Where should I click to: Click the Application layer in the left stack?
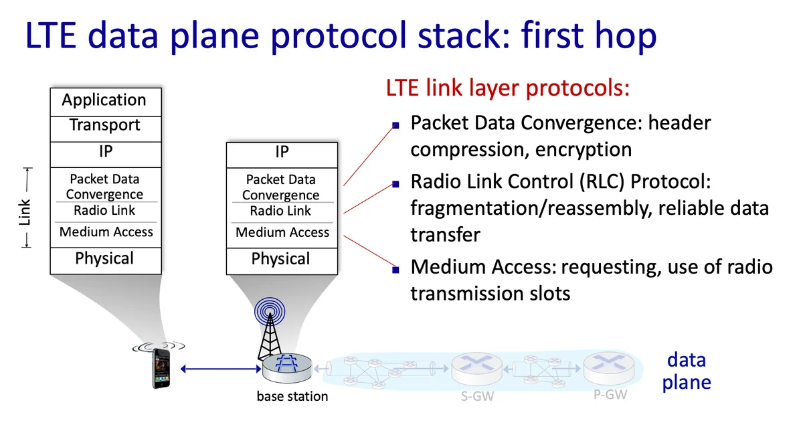[x=104, y=100]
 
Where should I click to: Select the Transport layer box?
[x=104, y=125]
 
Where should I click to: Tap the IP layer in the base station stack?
[x=282, y=153]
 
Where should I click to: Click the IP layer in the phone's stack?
[x=105, y=152]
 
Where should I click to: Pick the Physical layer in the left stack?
[x=104, y=259]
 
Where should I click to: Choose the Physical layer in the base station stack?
[x=281, y=260]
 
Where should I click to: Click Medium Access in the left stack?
[x=106, y=232]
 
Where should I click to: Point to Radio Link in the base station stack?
[x=281, y=211]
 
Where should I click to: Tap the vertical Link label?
[x=25, y=212]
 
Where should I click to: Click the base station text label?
[x=292, y=396]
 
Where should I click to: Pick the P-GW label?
[x=610, y=395]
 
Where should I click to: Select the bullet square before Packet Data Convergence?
[x=395, y=125]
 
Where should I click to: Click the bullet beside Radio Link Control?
[x=395, y=183]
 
